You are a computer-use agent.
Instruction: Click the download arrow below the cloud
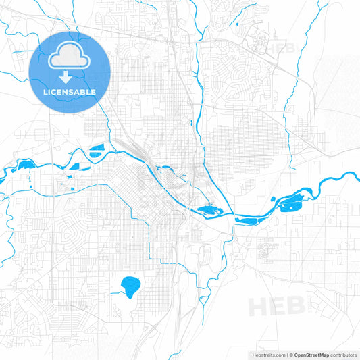(66, 76)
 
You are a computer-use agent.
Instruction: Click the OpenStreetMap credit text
(316, 355)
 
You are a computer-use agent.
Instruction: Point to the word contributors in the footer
(343, 355)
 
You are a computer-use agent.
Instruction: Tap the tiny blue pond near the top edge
(238, 25)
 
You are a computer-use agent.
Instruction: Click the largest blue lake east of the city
(294, 200)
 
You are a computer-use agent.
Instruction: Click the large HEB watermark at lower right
(277, 305)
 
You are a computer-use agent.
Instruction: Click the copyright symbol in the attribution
(291, 355)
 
